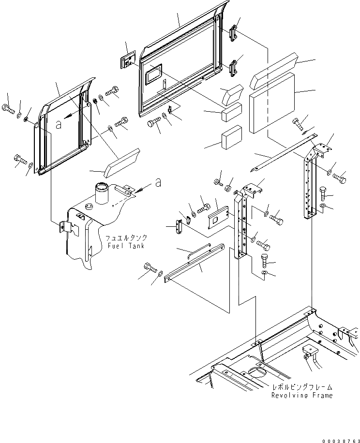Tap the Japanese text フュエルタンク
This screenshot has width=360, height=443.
(x=126, y=238)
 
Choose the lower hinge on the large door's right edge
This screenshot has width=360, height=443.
(x=233, y=68)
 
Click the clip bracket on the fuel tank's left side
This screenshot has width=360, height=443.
(x=66, y=227)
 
